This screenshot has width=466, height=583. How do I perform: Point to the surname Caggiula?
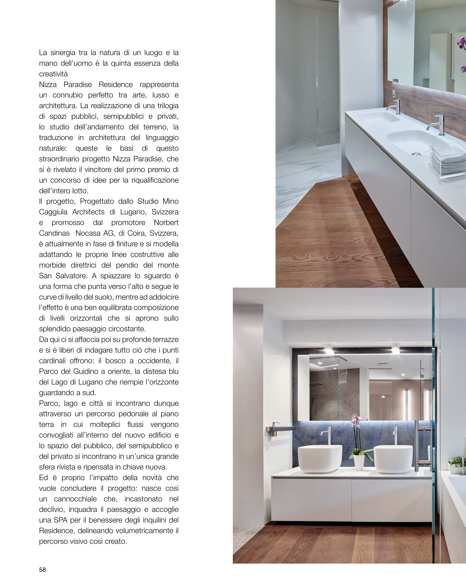[53, 212]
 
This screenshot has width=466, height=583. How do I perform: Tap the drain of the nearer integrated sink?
[416, 154]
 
